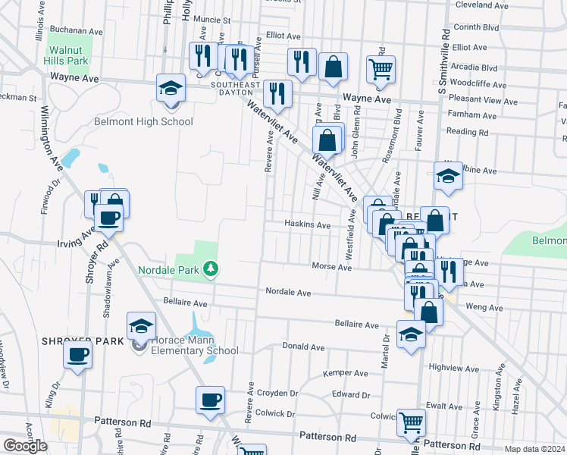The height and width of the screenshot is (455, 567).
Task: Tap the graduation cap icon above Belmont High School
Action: [171, 89]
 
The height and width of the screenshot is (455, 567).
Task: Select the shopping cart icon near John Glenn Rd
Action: [381, 70]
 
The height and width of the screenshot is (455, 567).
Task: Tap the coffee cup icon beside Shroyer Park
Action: [77, 354]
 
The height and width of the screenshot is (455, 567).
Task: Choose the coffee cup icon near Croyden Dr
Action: [210, 400]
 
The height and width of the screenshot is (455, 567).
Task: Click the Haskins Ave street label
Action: [307, 225]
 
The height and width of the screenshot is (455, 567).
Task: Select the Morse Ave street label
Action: [332, 266]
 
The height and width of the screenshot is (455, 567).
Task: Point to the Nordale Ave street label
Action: [288, 292]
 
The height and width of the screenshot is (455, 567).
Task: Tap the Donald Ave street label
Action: [303, 347]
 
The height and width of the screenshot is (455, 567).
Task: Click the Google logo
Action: [25, 446]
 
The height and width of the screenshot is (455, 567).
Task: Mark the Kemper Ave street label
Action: [345, 373]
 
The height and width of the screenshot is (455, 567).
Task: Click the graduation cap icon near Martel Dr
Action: [411, 334]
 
